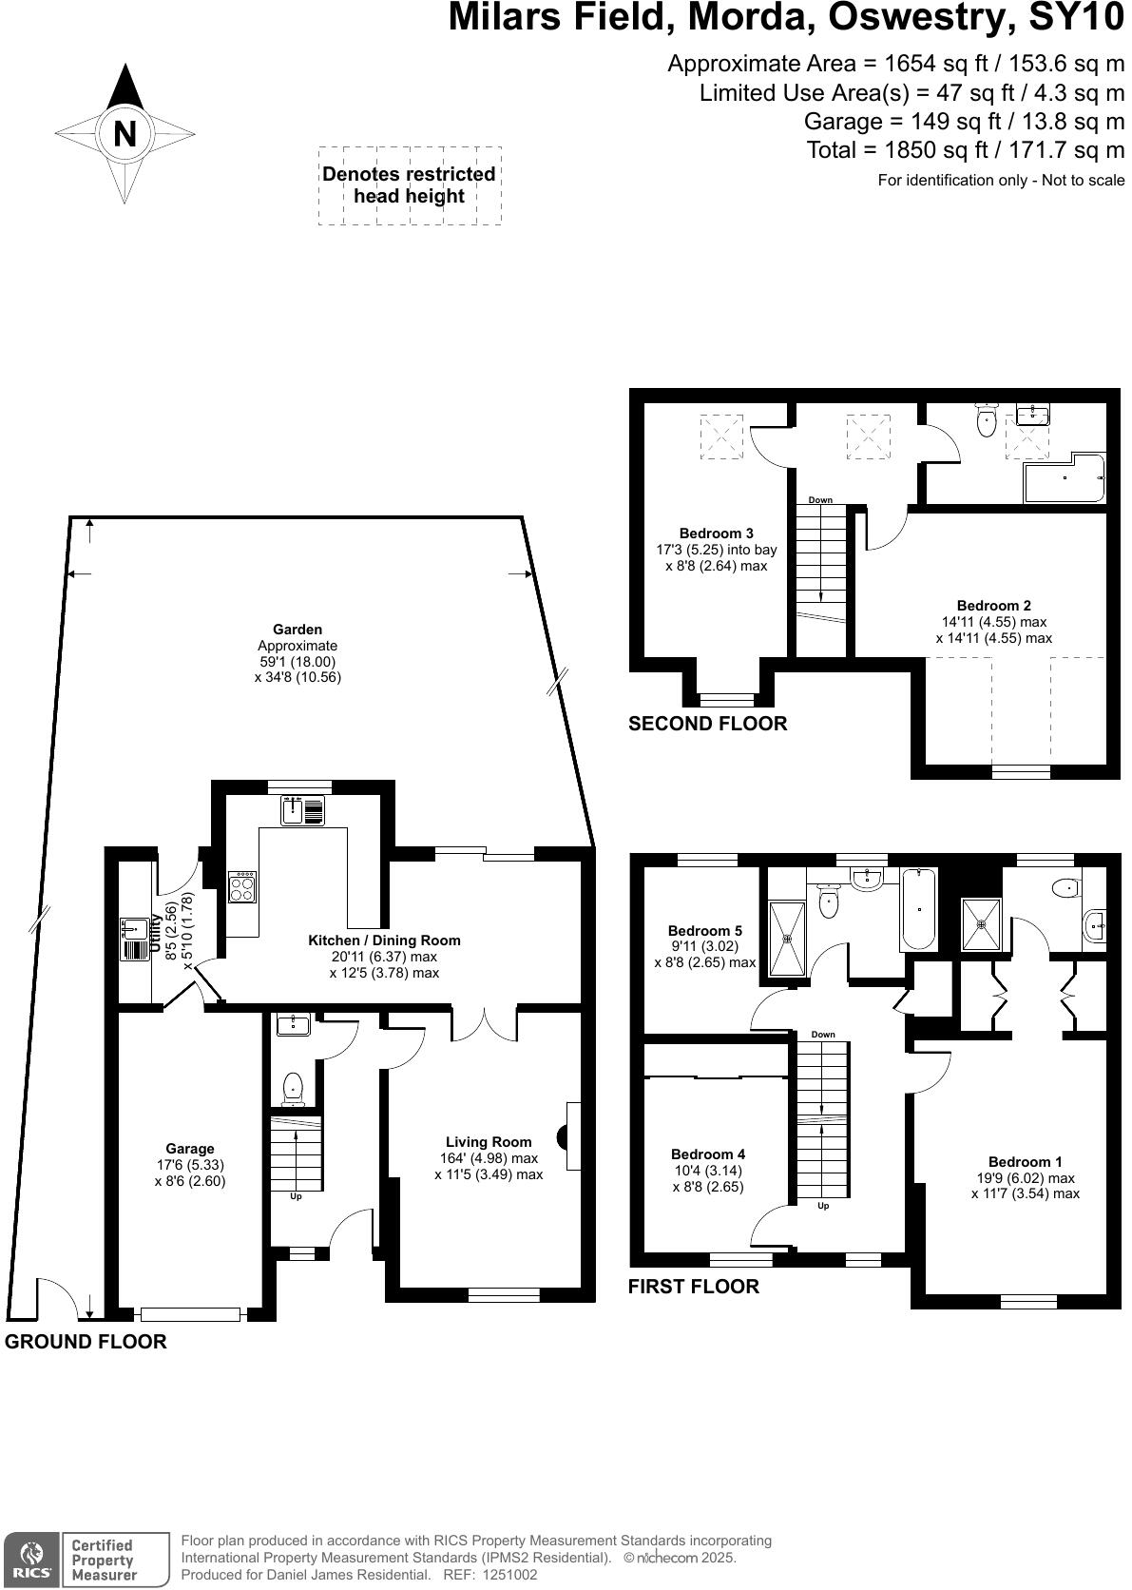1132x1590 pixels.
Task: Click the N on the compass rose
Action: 125,134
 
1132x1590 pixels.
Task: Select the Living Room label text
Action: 489,1142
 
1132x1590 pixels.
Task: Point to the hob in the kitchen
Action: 242,888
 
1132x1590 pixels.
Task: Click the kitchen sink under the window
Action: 303,811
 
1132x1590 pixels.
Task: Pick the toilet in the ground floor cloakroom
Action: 293,1086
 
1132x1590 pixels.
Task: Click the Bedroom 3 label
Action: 716,533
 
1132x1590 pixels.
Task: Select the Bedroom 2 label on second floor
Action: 993,605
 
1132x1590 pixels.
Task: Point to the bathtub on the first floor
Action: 918,909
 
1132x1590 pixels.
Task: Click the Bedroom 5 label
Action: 704,930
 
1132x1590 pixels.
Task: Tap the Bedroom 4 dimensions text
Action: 708,1178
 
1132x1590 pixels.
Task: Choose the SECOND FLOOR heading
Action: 707,724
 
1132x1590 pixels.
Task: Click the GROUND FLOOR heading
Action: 86,1342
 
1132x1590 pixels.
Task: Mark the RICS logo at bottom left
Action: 30,1560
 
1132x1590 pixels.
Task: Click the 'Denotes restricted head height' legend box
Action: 409,185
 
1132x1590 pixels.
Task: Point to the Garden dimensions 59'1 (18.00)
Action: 297,662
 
